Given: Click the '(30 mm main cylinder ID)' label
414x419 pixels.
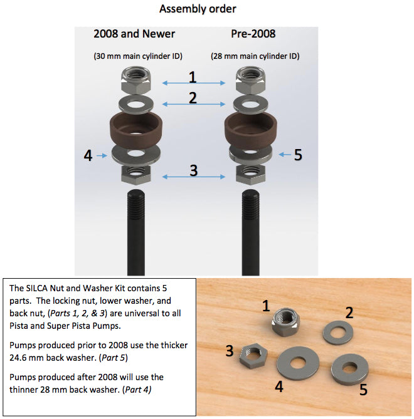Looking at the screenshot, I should pos(138,56).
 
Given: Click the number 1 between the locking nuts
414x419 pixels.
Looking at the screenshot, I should pos(193,76).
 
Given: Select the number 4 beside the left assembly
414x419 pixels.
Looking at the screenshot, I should pos(89,155).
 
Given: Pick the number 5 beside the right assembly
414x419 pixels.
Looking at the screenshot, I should pos(299,155).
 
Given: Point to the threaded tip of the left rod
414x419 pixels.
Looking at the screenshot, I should pos(136,200).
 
